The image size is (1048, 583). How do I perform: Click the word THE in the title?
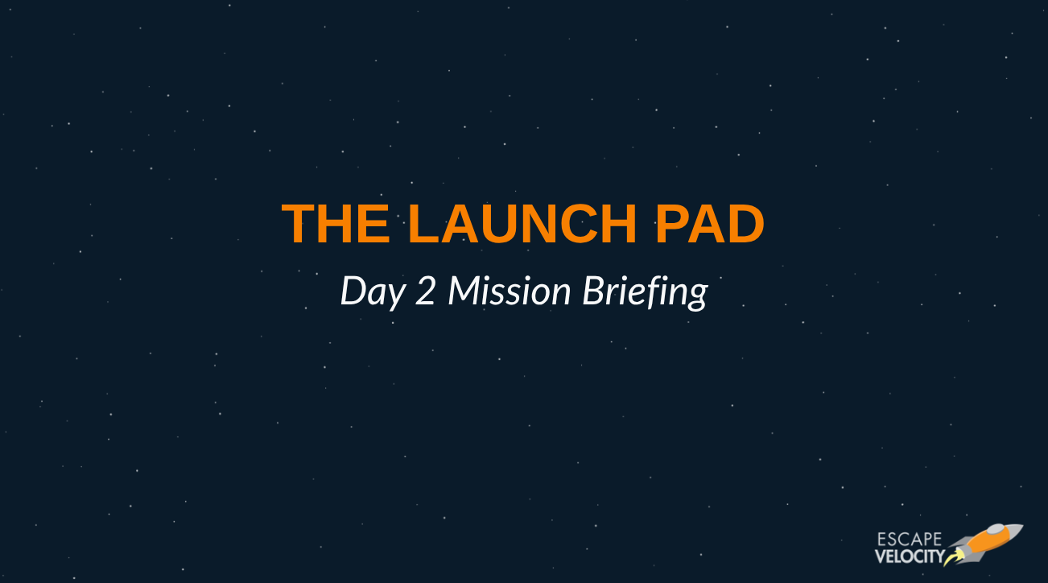click(x=336, y=224)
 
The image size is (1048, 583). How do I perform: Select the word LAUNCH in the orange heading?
click(x=522, y=224)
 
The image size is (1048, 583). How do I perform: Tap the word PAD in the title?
click(x=710, y=224)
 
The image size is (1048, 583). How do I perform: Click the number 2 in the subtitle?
click(x=425, y=291)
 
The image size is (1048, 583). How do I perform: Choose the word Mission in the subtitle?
click(x=509, y=291)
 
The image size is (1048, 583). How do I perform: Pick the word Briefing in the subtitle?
click(x=646, y=292)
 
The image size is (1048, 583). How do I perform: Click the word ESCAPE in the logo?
click(x=909, y=540)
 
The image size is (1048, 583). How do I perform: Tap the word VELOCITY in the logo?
click(x=910, y=556)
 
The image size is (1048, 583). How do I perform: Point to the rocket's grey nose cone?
click(x=1012, y=531)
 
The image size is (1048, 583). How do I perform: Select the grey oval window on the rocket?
click(x=995, y=530)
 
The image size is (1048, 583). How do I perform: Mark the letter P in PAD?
click(x=672, y=224)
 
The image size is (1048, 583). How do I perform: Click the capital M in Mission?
click(x=465, y=291)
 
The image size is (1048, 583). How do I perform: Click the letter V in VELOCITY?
click(x=881, y=556)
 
